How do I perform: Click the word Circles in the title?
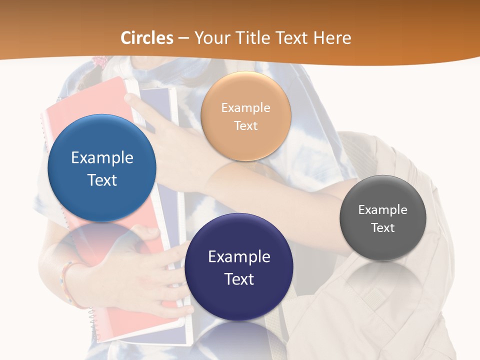(x=147, y=38)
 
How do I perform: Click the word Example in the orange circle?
(x=245, y=107)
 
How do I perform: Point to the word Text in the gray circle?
(x=382, y=227)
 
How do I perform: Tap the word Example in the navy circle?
(x=239, y=256)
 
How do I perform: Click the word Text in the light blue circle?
(x=102, y=180)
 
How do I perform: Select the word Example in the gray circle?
(x=382, y=209)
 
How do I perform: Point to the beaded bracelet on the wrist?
(x=66, y=282)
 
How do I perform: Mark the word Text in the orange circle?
(x=245, y=125)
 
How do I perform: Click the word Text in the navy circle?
(x=239, y=279)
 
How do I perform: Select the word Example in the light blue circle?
(x=102, y=157)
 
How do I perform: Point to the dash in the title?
(x=183, y=38)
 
